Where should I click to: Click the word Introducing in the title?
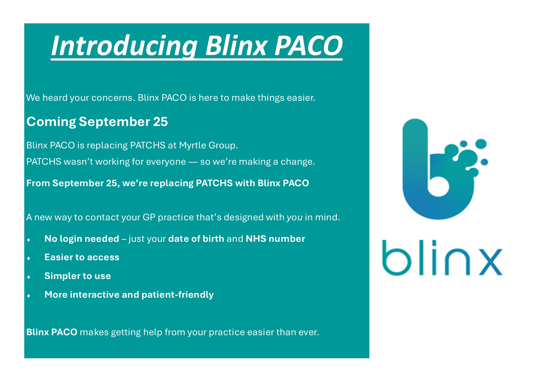pos(124,46)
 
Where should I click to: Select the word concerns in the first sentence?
pos(113,98)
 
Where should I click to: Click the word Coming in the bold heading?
pos(51,122)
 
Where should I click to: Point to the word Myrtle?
pos(192,145)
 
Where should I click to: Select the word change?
pos(297,162)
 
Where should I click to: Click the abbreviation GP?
pos(149,217)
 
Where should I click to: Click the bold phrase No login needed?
pos(82,239)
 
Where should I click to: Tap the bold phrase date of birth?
pos(196,239)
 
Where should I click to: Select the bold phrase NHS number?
pos(275,239)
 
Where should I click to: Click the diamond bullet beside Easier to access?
pos(29,258)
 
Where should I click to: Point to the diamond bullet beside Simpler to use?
pos(29,277)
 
